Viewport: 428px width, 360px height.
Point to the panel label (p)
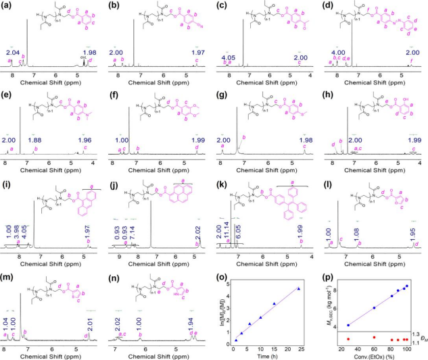pyautogui.click(x=330, y=272)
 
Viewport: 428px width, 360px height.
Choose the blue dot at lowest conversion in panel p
pyautogui.click(x=348, y=325)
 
